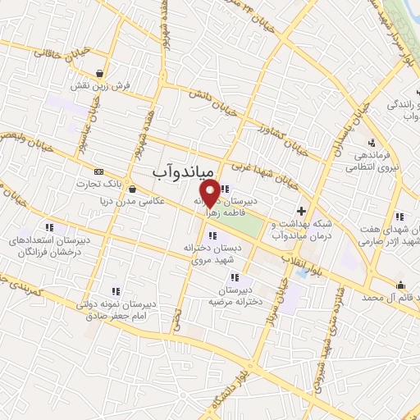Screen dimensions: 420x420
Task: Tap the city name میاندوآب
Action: click(x=184, y=171)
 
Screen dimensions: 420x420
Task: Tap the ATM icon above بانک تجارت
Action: click(x=99, y=171)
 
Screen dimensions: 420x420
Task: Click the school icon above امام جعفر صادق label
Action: click(x=115, y=290)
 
